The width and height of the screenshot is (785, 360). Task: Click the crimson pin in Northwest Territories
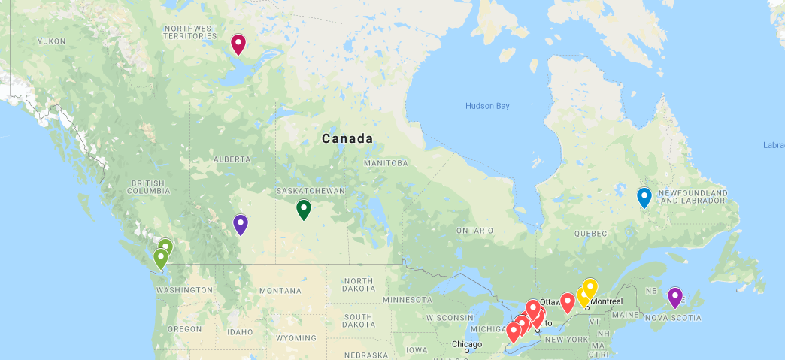[x=238, y=44]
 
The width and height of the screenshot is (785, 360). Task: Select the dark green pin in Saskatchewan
[x=304, y=209]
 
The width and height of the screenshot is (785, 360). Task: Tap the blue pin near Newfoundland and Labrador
[x=644, y=197]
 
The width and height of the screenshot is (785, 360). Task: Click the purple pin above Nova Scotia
[x=675, y=297]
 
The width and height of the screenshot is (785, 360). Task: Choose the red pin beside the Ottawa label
[x=568, y=302]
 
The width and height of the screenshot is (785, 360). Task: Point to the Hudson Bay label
[x=487, y=106]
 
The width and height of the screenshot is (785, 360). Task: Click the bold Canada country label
[x=347, y=138]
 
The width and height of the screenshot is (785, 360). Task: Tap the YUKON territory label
[x=51, y=41]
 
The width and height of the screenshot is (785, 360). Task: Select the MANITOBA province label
[x=386, y=163]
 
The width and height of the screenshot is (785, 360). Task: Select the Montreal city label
[x=607, y=301]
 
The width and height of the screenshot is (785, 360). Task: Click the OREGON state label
[x=184, y=329]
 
